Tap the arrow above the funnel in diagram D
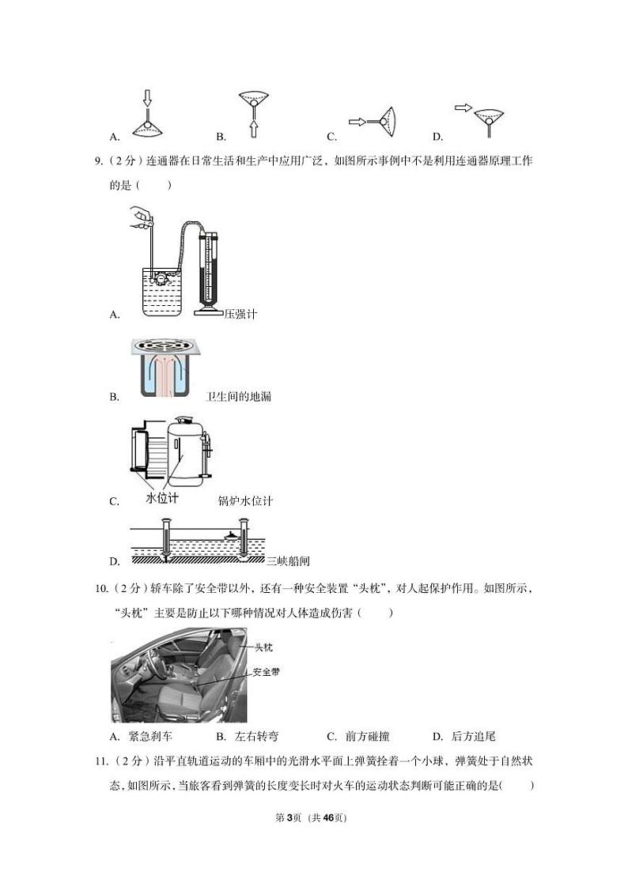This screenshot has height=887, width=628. (463, 108)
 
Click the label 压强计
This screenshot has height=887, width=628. (240, 314)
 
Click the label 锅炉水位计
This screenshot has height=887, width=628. (245, 501)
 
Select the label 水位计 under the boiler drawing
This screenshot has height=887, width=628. (163, 498)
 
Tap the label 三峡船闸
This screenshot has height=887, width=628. (287, 561)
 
